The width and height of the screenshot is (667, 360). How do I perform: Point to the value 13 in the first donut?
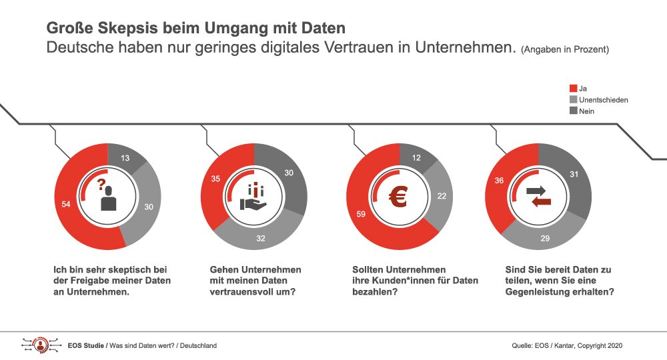tap(127, 158)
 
